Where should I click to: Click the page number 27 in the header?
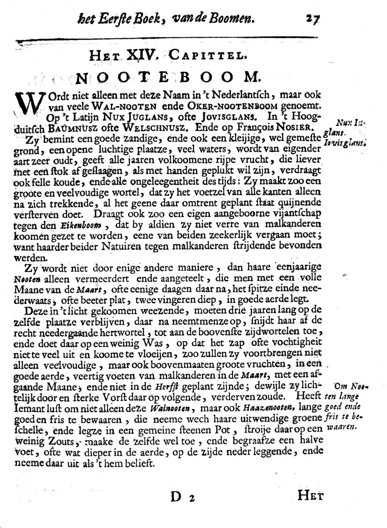(x=311, y=19)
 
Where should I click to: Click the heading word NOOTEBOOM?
(x=167, y=78)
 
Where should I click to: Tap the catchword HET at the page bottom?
(x=310, y=496)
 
